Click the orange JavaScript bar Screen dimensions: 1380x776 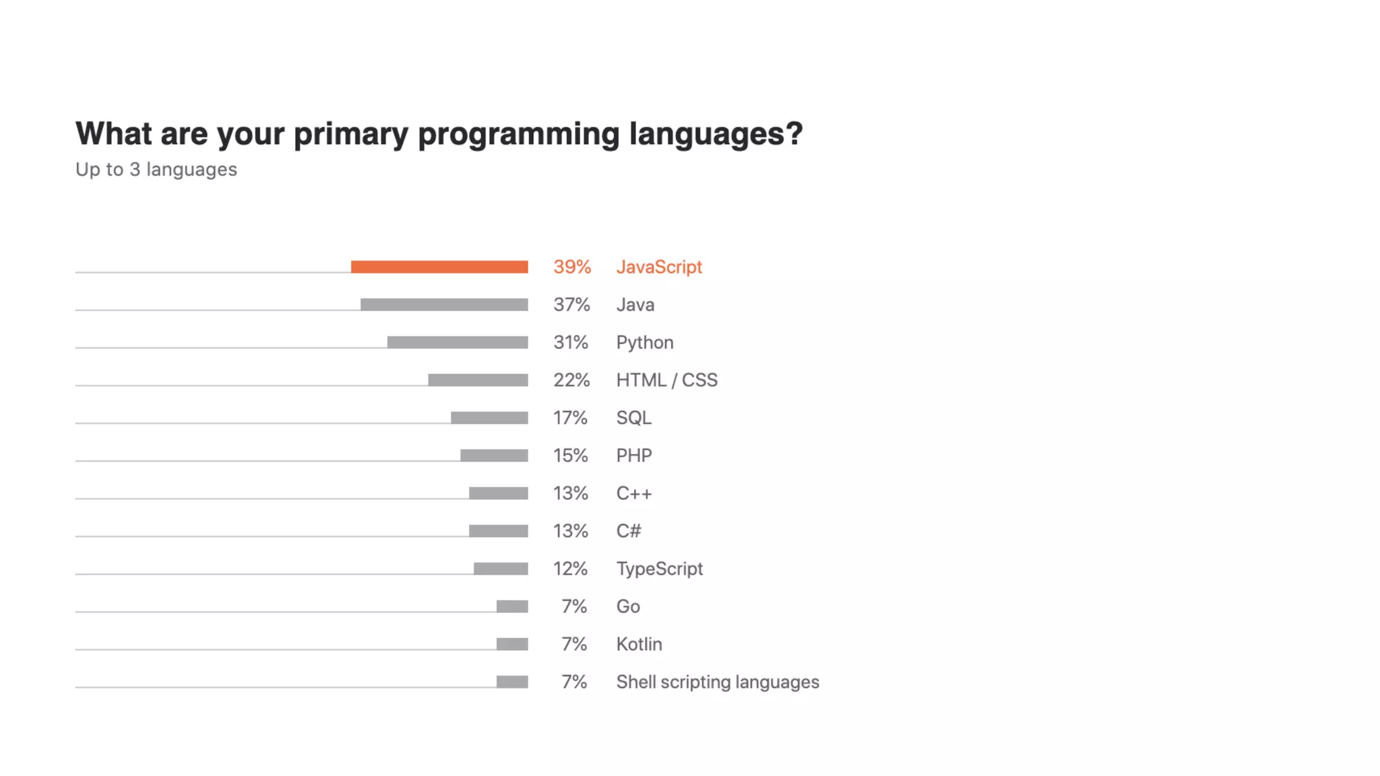(439, 267)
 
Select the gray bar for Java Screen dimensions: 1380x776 (444, 304)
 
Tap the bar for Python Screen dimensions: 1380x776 (458, 342)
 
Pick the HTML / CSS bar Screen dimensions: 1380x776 (478, 380)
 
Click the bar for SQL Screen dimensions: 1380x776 (489, 418)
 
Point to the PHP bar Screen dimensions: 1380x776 (494, 455)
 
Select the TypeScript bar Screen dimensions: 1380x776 (501, 569)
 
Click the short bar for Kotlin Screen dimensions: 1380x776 (512, 644)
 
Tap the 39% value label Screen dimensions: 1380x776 (572, 267)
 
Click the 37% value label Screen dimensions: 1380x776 (571, 304)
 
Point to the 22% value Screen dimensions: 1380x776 (571, 380)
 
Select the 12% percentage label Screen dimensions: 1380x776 (570, 569)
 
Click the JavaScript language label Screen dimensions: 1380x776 (659, 267)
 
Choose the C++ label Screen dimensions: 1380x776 (634, 493)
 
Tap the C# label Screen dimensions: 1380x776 (629, 531)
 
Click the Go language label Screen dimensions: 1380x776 (628, 606)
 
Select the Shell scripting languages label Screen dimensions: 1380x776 (718, 682)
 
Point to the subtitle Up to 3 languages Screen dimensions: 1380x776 (156, 170)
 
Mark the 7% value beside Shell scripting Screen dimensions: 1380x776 (574, 682)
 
